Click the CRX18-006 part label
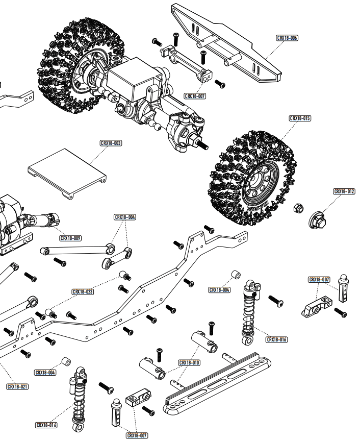coord(288,38)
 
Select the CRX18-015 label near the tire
coord(300,118)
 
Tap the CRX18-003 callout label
coord(111,143)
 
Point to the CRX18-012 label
coord(344,191)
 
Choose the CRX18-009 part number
coord(70,238)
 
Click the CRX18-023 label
coord(83,292)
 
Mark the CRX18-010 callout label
coord(189,363)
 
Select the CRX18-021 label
coord(17,387)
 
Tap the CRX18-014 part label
coord(46,425)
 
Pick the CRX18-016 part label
coord(277,339)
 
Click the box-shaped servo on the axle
coord(134,84)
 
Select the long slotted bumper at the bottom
coord(217,382)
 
